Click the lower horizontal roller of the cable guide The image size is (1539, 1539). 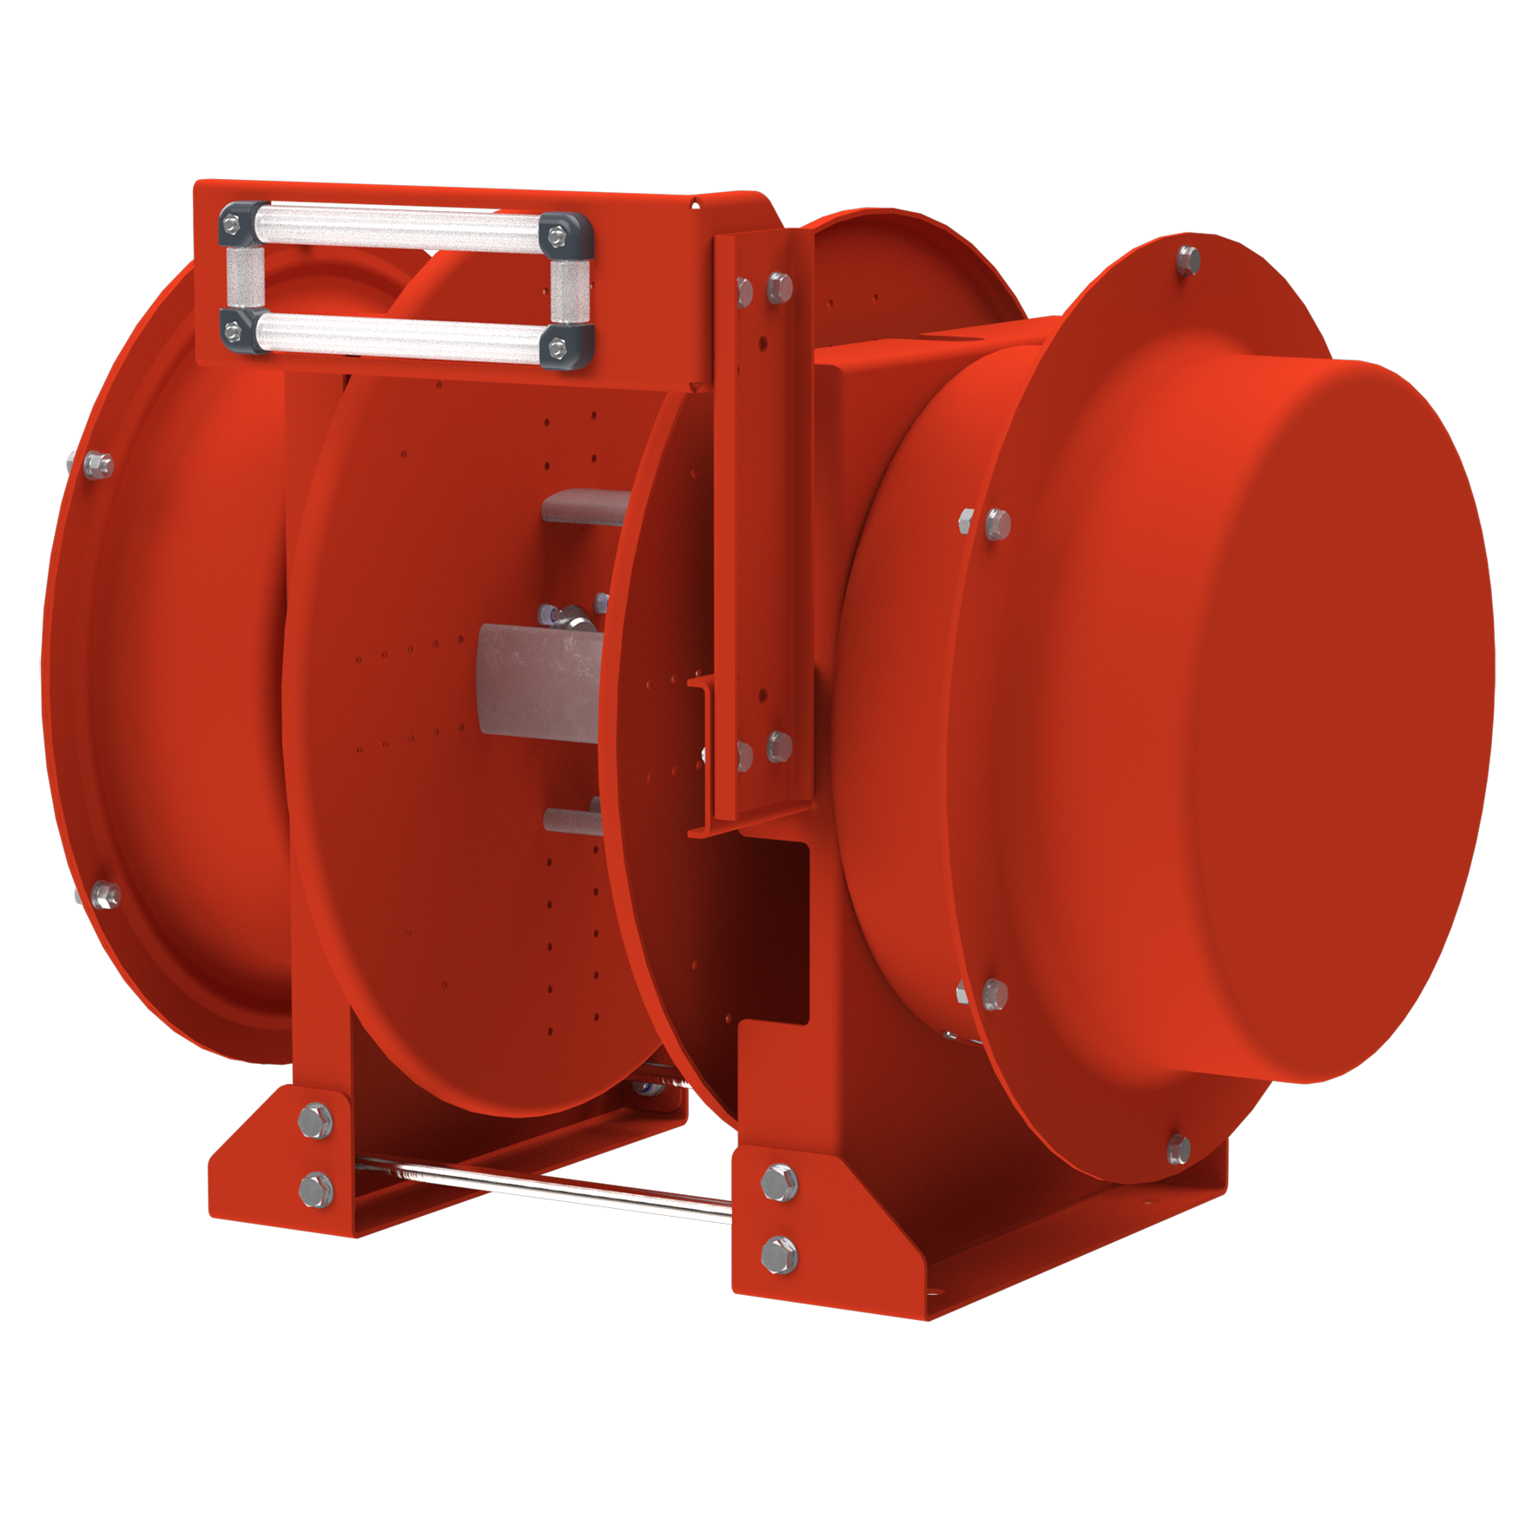click(400, 335)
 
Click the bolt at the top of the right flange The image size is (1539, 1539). click(1189, 259)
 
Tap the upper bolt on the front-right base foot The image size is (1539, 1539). click(778, 1183)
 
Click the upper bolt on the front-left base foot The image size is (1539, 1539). click(314, 1120)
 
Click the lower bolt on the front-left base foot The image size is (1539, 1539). click(314, 1188)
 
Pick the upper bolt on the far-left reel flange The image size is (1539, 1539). click(98, 465)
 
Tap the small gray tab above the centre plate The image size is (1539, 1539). click(585, 505)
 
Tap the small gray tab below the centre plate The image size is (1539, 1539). click(573, 819)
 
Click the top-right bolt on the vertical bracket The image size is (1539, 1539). click(779, 286)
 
